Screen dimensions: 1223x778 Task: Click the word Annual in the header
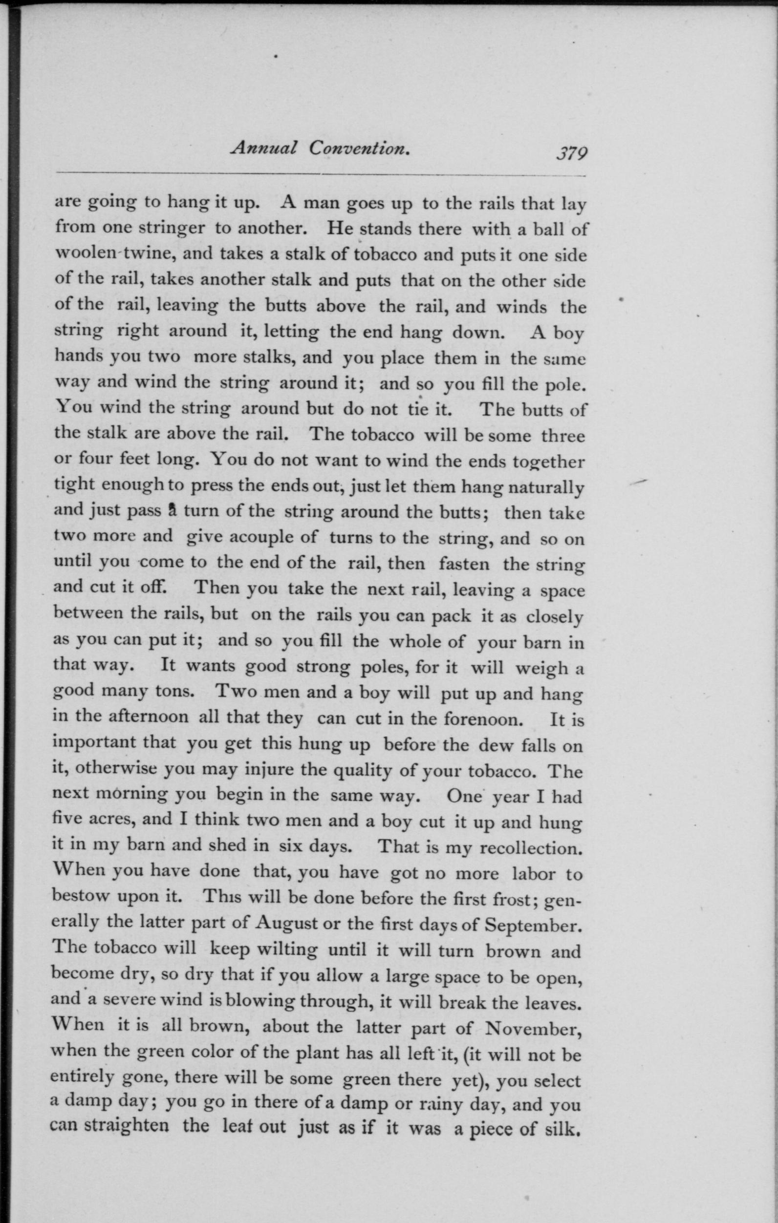pos(263,148)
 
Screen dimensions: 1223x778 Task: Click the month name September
pos(533,925)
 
